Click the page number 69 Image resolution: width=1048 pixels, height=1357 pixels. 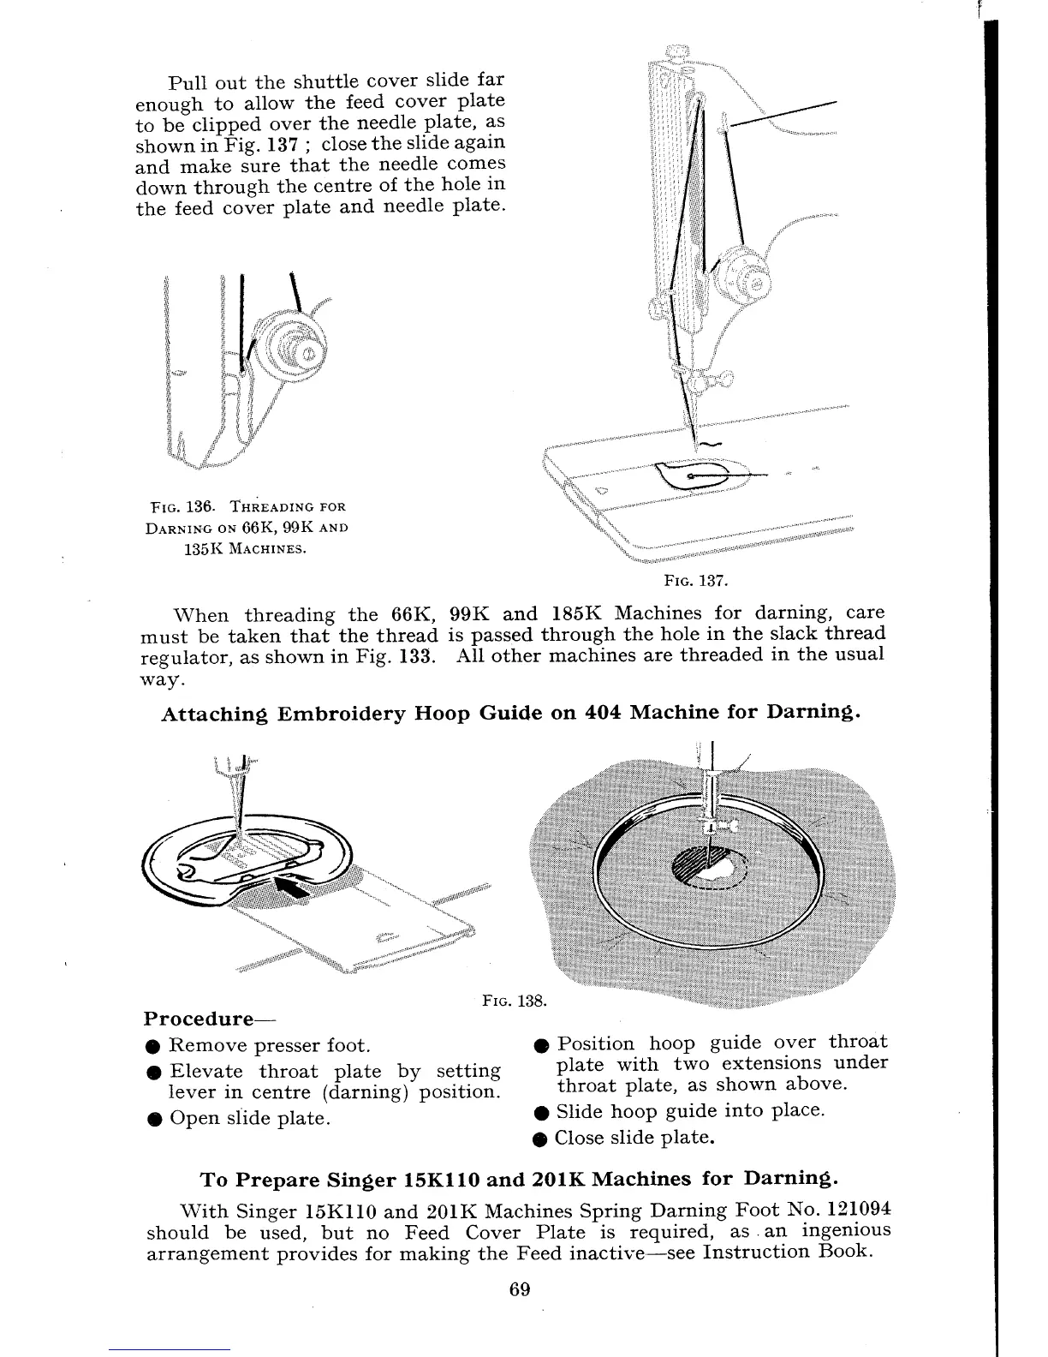[520, 1290]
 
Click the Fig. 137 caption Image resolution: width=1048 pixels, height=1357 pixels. [696, 582]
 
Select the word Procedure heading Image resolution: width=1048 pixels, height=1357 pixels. [198, 1019]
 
